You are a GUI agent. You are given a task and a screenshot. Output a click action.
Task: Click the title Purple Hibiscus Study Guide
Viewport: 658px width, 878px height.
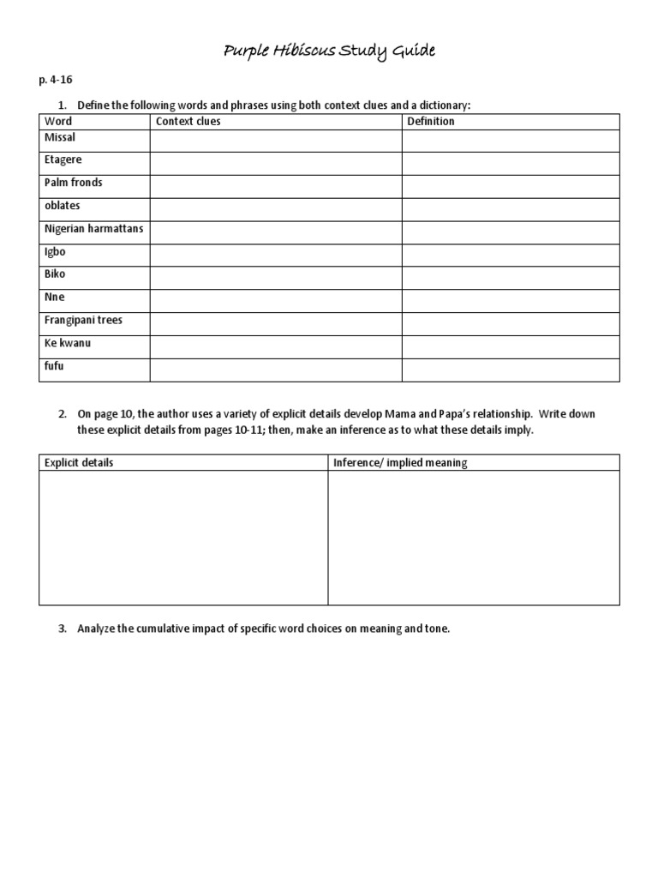(329, 51)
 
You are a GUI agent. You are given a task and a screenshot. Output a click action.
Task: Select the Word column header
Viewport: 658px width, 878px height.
(58, 122)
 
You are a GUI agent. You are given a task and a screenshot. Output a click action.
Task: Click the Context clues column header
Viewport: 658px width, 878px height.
(188, 122)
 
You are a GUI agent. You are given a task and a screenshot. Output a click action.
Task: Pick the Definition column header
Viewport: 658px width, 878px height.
(431, 122)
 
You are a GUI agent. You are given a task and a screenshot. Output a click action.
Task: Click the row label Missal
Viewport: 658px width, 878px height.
(60, 137)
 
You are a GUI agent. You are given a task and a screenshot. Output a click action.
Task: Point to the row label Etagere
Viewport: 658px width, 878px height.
(63, 159)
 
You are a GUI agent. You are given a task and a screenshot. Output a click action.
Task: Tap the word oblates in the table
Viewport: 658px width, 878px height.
(62, 206)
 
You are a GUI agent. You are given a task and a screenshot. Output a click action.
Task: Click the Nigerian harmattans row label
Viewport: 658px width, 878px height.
(93, 228)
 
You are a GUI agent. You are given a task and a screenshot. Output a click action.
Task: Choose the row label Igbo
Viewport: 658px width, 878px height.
(55, 252)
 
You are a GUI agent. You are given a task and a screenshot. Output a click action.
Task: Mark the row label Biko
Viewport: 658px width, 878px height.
(55, 274)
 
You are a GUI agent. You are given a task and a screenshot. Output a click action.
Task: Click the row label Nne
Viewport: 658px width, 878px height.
(54, 298)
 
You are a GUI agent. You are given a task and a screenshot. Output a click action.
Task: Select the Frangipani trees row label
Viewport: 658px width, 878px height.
(83, 320)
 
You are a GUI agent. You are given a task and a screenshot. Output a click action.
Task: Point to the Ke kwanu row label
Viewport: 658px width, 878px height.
(68, 343)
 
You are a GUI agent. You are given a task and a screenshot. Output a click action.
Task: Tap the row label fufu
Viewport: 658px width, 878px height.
(54, 366)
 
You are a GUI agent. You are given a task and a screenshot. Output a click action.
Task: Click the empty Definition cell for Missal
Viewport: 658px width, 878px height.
(511, 141)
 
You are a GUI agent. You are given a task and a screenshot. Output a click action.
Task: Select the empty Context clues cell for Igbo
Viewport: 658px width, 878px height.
(276, 256)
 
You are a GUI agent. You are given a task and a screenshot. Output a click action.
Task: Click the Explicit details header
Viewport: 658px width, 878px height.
(79, 463)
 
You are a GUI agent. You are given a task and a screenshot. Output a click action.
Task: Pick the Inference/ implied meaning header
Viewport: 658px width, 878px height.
(400, 463)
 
